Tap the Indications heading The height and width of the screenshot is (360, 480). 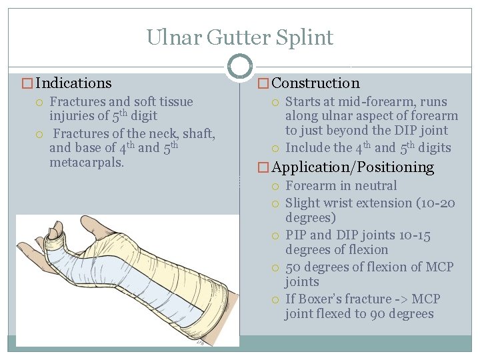[73, 83]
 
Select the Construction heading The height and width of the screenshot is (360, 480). [315, 83]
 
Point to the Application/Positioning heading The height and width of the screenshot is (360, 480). [353, 167]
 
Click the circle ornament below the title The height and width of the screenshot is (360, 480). [240, 66]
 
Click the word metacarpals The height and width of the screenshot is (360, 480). [87, 163]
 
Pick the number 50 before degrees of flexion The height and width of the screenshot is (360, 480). [293, 267]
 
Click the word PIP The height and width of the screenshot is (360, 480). [296, 235]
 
